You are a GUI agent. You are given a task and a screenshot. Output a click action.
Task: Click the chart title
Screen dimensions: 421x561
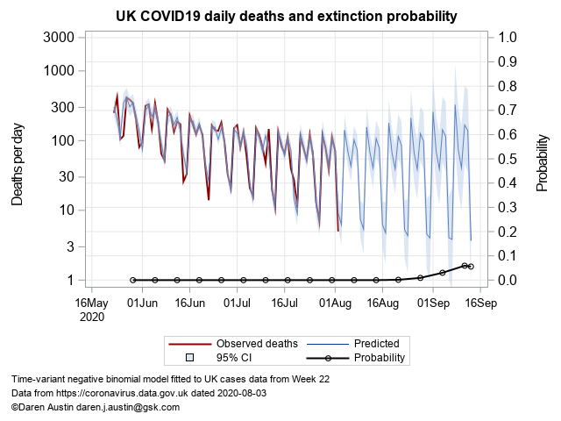click(287, 17)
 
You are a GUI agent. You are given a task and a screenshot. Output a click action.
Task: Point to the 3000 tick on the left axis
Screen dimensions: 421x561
click(58, 37)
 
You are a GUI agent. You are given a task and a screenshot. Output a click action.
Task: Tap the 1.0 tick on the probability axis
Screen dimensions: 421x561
click(508, 37)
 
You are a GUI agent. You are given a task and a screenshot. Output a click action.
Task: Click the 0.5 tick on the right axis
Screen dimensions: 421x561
click(508, 159)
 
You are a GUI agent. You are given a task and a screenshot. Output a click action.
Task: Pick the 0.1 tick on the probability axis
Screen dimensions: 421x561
click(508, 255)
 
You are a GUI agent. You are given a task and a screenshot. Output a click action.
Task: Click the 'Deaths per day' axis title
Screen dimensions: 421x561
click(18, 159)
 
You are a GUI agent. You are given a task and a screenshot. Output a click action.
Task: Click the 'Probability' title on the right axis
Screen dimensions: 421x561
click(543, 159)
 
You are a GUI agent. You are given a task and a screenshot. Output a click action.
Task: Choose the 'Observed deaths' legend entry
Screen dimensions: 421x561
click(257, 343)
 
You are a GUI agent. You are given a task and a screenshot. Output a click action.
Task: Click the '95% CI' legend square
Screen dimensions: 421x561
click(189, 358)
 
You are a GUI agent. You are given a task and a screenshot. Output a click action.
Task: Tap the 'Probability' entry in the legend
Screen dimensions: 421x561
click(379, 358)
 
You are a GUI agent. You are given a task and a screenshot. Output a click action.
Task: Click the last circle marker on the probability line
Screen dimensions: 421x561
click(471, 267)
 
